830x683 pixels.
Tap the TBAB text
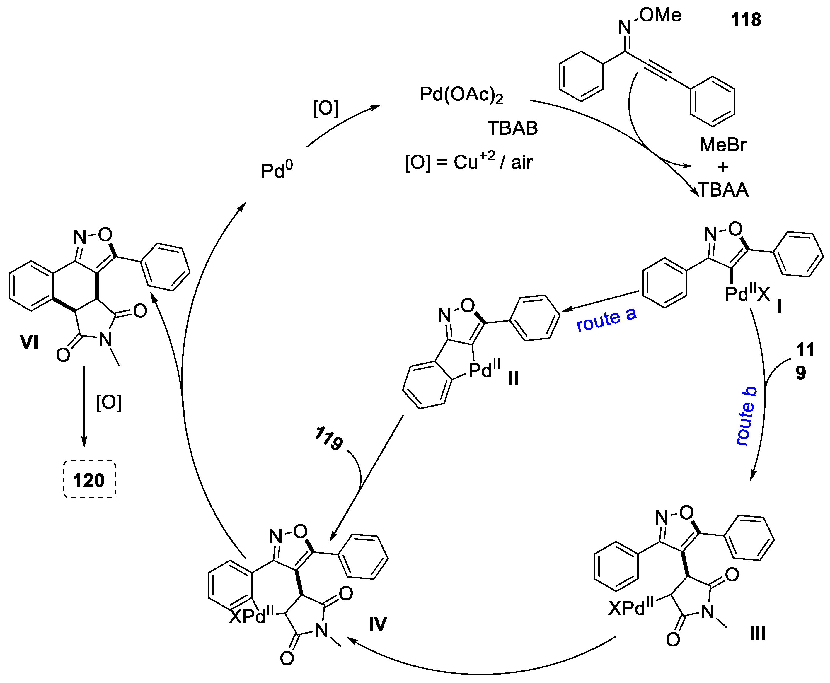[512, 128]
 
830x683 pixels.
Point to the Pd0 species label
[277, 170]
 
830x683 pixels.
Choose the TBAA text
[723, 190]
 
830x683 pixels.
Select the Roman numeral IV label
[377, 624]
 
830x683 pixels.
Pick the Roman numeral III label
[757, 634]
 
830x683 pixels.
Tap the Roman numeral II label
[513, 378]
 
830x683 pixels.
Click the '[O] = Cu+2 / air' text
[468, 162]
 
